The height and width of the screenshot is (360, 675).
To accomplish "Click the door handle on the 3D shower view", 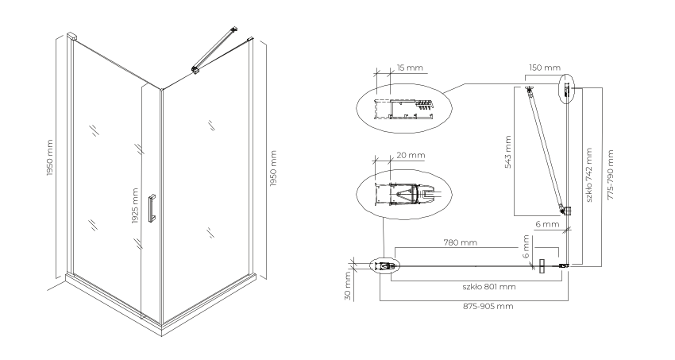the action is point(152,208).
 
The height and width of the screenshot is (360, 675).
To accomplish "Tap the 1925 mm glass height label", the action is point(135,207).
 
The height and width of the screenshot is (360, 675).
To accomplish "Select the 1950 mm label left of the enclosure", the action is point(49,157).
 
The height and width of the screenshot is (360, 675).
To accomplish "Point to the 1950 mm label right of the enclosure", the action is point(273,168).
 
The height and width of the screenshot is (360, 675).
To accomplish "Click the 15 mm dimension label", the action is point(410,68).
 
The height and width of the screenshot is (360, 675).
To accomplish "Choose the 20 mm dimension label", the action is point(411,155).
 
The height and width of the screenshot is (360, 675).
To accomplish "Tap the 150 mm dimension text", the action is point(545,68).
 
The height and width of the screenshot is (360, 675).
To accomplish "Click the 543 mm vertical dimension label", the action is point(508,152).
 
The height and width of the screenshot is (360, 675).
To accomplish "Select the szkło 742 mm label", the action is point(589,175).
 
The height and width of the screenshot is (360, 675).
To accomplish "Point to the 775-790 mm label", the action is point(610,175).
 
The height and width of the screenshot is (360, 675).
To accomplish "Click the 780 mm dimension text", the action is point(460,242).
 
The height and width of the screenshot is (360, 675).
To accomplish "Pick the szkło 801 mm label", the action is point(489,286).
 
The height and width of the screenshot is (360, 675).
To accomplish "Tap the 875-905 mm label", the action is point(488,306).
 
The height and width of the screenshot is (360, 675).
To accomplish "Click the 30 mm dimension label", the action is point(349,286).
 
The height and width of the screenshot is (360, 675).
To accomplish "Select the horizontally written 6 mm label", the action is point(548,224).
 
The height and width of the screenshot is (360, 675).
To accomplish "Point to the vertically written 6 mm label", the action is point(525,246).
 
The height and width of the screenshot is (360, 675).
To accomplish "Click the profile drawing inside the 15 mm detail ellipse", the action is point(403,109).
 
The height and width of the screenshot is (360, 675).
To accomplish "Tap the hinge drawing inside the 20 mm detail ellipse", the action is point(406,193).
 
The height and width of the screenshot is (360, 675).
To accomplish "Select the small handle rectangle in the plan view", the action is point(542,266).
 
